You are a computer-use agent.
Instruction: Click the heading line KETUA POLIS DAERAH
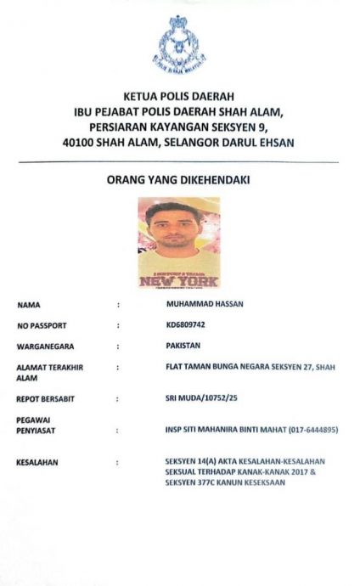tap(178, 97)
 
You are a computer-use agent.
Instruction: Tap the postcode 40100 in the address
tap(79, 143)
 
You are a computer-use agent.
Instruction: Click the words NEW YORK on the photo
tap(178, 281)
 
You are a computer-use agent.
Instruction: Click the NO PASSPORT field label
tap(41, 325)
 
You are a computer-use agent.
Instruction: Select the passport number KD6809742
tap(188, 324)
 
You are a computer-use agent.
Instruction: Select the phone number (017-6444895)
tap(309, 431)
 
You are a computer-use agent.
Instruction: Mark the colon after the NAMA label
tap(118, 304)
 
